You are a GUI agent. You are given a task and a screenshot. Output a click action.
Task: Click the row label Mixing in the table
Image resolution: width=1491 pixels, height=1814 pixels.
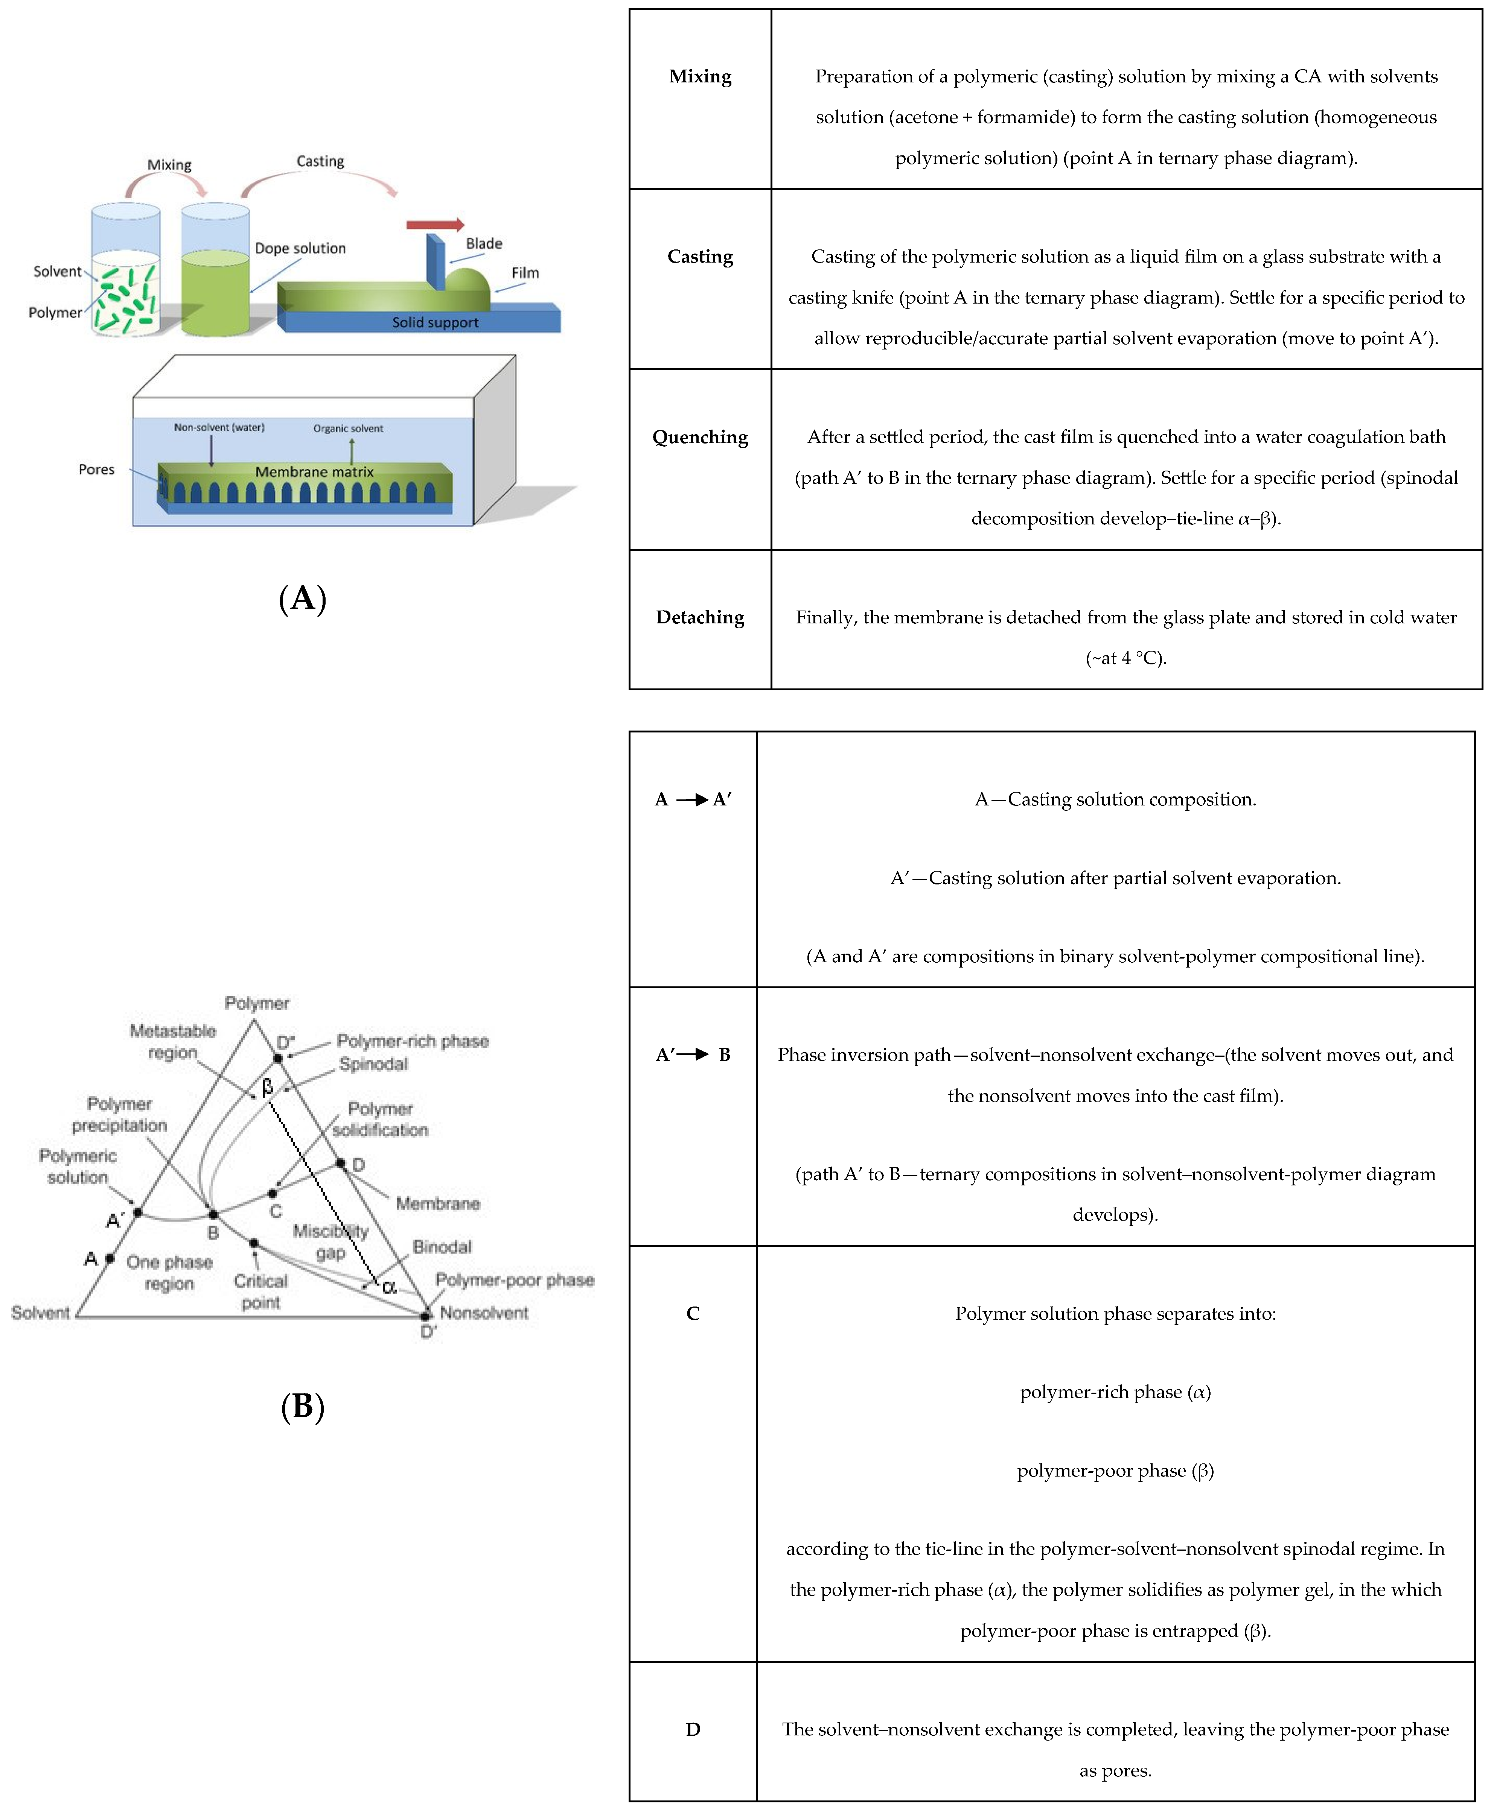700,76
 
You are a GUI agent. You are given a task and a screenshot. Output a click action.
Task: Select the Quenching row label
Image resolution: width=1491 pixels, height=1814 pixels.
700,437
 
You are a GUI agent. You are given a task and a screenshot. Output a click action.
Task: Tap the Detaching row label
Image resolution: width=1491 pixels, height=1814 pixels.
700,617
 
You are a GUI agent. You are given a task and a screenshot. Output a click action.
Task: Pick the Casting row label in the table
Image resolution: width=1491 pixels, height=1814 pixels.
700,257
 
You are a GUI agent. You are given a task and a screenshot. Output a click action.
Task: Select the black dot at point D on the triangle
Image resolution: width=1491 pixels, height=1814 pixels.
341,1163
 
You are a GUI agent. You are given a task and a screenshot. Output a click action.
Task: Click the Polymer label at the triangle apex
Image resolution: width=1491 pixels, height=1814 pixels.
257,1003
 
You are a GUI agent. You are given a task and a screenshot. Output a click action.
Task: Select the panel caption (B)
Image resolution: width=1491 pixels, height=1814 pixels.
302,1406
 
